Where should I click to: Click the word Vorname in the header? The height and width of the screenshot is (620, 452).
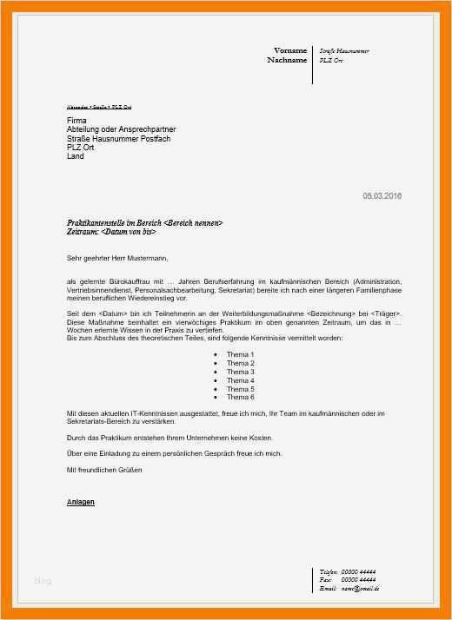click(290, 50)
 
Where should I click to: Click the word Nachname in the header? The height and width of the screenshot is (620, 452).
click(287, 61)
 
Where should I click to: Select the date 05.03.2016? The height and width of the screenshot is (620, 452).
click(382, 195)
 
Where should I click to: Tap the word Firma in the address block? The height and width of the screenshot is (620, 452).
click(76, 119)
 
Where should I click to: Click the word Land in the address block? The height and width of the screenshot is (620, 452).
click(76, 156)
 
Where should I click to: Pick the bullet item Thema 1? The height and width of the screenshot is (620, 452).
click(240, 355)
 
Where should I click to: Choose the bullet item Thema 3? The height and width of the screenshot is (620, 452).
click(240, 372)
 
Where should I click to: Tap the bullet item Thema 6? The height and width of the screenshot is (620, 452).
click(240, 397)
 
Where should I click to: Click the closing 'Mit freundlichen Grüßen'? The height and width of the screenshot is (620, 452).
click(104, 469)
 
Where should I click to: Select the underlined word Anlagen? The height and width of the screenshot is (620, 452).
click(81, 503)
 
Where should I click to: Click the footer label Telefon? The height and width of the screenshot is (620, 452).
click(329, 571)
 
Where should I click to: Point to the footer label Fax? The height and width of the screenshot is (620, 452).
click(325, 579)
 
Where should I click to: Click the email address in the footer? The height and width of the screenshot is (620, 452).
click(361, 588)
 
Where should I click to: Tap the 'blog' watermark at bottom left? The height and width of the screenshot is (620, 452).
click(43, 580)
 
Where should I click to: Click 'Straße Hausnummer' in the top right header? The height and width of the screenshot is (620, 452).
click(344, 51)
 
